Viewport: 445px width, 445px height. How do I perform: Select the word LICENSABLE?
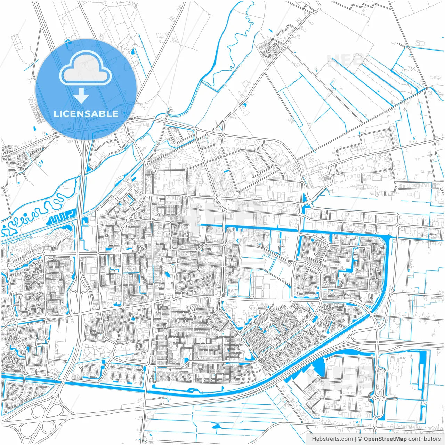coord(86,114)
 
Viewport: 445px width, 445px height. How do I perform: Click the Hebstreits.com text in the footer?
coord(332,439)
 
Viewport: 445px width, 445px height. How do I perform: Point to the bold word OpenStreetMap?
coord(385,439)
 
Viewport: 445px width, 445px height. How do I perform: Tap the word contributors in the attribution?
coord(424,439)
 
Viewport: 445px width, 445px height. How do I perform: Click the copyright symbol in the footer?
coord(360,439)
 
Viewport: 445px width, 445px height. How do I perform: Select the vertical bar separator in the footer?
coord(355,439)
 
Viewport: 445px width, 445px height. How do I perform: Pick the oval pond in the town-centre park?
coord(168,275)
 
